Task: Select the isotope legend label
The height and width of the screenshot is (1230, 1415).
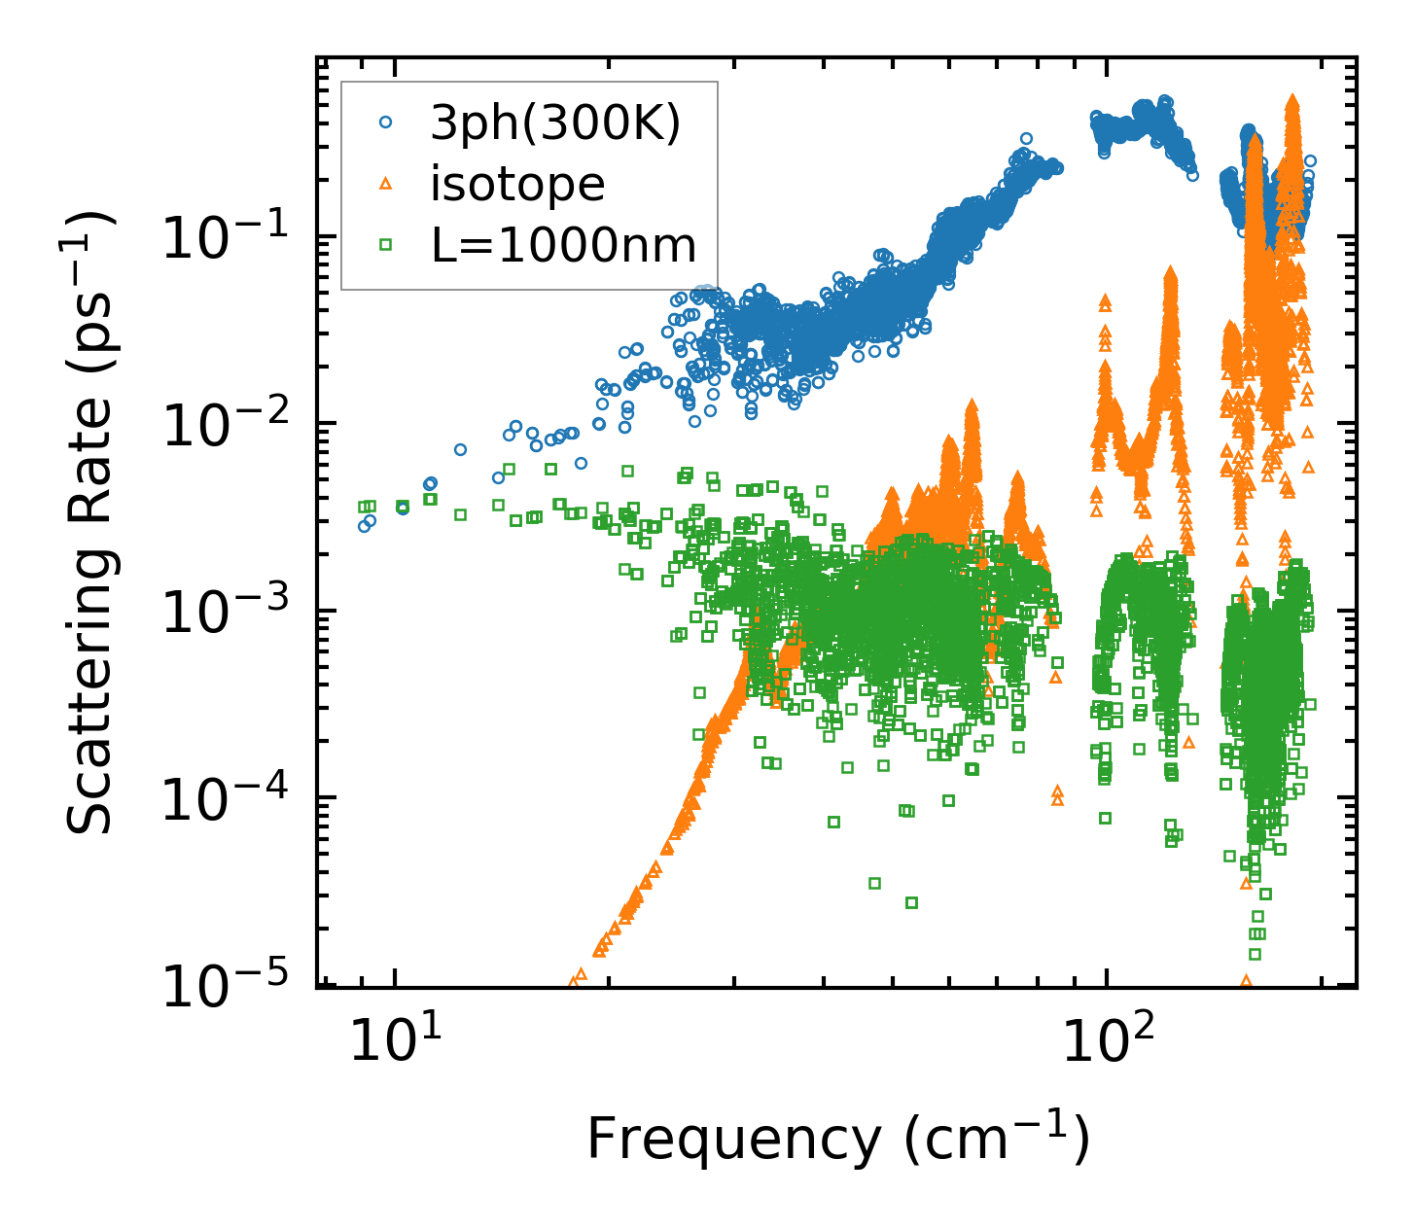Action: coord(517,184)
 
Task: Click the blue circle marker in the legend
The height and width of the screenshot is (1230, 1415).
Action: coord(386,123)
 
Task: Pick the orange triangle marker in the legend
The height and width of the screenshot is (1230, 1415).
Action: coord(386,184)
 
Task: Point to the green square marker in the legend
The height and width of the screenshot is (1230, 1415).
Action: coord(386,246)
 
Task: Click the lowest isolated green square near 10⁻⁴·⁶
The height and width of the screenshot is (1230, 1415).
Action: coord(911,902)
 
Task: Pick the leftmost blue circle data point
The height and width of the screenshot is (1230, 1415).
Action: coord(364,526)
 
